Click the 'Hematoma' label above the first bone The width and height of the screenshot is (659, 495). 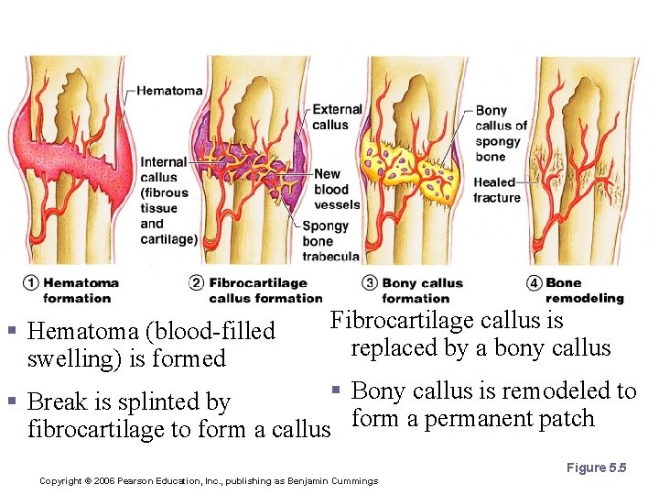coord(169,91)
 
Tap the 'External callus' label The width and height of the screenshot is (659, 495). coord(337,116)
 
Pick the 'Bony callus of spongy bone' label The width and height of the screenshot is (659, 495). coord(500,134)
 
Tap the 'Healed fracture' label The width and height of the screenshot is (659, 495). coord(496,190)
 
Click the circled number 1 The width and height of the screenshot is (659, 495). coord(31,283)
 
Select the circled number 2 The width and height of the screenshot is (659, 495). coord(195,283)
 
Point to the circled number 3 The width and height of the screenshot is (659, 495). coord(369,283)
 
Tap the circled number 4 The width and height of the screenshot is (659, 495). coord(535,283)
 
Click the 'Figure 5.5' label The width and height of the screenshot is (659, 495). coord(596,468)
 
